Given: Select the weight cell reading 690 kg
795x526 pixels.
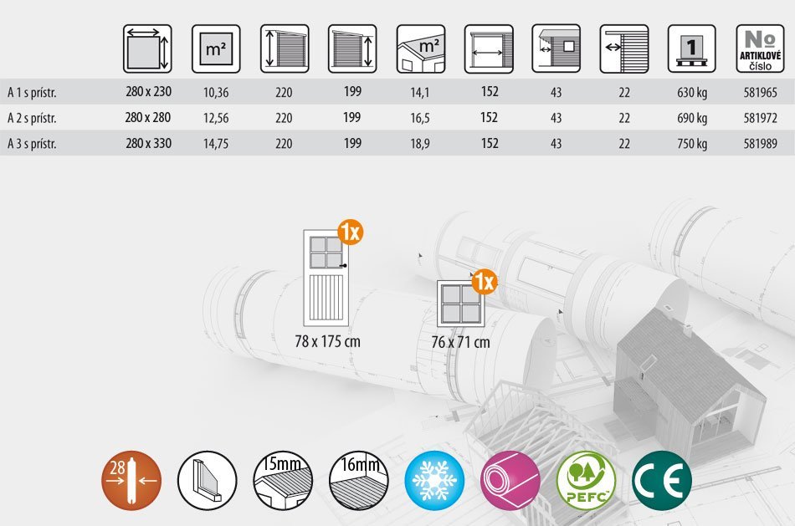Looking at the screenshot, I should coord(692,118).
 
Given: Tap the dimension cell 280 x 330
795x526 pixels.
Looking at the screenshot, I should coord(148,143).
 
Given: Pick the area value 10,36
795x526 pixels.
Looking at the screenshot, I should coord(216,93).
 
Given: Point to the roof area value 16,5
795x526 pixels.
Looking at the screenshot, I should coord(420,118).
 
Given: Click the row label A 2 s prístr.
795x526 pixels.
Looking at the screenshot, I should coord(32,118).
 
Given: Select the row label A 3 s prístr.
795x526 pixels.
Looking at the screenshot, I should coord(32,144).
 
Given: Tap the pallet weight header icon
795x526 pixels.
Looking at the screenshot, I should coord(692,49).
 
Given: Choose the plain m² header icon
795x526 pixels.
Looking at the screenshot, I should coord(216,49).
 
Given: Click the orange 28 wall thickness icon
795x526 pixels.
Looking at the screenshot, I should coord(131,481).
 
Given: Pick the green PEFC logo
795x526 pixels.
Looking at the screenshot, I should coord(587,481).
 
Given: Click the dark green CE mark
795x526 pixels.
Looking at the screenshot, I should coord(662,481).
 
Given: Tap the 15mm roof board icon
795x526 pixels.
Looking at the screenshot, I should coord(282,481).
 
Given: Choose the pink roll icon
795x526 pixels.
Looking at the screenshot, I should coord(510,481).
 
